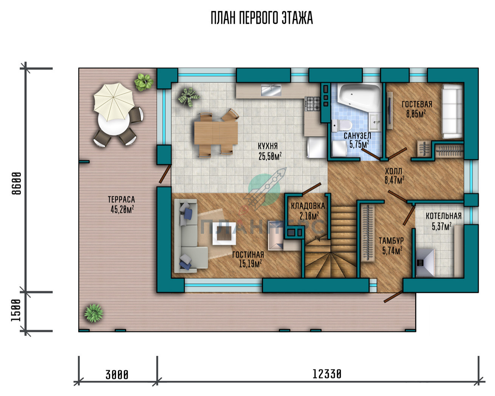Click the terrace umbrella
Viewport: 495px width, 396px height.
114,102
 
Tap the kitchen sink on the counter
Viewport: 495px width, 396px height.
271,90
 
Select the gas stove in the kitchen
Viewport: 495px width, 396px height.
312,104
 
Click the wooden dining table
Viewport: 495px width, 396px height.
216,133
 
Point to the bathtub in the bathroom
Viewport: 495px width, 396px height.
359,97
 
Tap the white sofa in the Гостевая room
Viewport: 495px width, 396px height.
452,111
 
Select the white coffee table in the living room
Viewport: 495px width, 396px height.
224,234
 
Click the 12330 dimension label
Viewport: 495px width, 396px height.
327,374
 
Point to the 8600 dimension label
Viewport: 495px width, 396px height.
17,183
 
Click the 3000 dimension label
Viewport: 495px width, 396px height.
117,375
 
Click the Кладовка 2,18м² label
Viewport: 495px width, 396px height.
308,211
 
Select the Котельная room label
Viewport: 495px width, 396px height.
444,216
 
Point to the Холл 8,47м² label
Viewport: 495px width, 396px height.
394,176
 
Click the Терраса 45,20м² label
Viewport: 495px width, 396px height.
121,204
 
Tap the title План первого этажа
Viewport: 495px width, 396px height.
262,18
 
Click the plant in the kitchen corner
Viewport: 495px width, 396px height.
189,97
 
